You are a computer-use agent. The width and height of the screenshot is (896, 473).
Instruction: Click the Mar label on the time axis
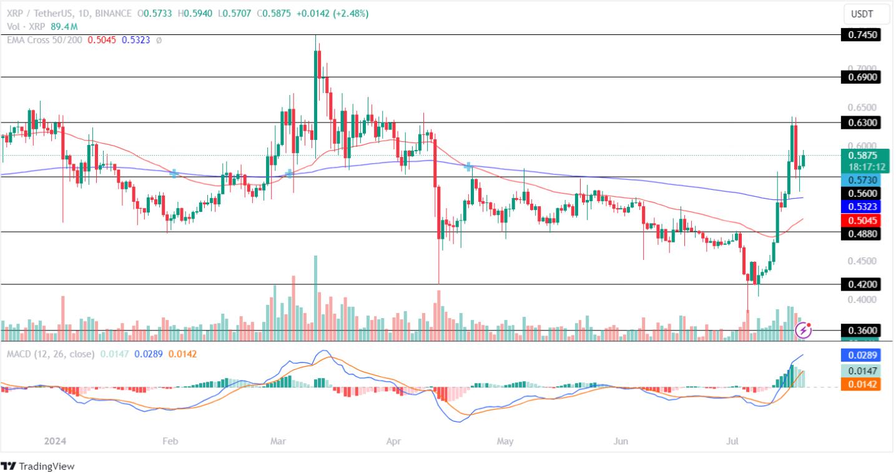click(278, 441)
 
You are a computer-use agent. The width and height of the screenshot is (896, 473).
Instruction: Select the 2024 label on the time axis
click(55, 441)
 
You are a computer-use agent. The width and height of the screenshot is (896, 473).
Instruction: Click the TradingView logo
click(37, 466)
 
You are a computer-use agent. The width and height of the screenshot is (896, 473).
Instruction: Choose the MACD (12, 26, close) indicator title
click(51, 354)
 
